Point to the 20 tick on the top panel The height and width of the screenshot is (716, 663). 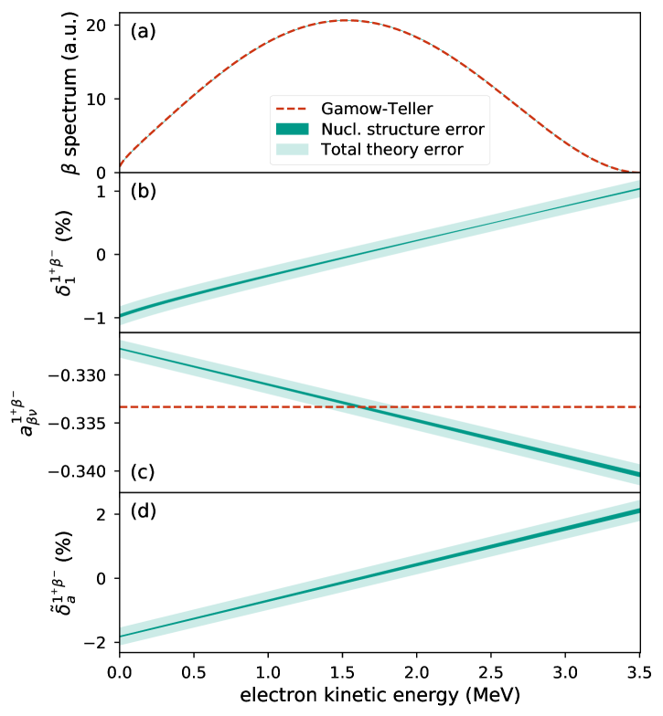click(x=100, y=24)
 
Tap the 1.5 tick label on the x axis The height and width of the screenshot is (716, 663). click(x=343, y=669)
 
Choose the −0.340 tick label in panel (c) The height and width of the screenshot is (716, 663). click(x=80, y=471)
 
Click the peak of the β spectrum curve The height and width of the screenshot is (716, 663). click(x=344, y=20)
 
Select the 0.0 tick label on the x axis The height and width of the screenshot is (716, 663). click(x=120, y=669)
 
